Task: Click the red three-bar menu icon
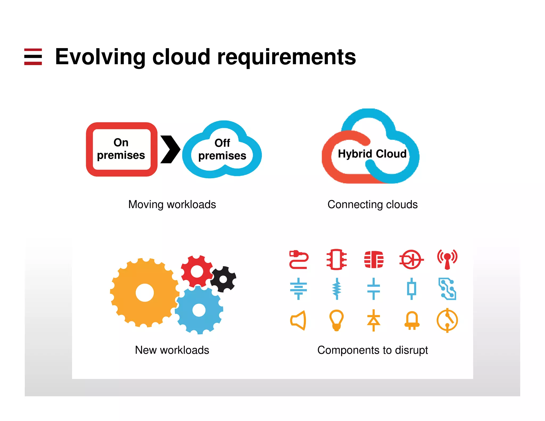[33, 57]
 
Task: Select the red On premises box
[121, 149]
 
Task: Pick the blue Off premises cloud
[222, 150]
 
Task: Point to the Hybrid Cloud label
[372, 154]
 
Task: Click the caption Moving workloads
[172, 204]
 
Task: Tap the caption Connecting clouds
[372, 204]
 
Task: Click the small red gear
[197, 271]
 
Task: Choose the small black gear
[223, 279]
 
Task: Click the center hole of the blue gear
[199, 310]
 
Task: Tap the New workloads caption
[172, 350]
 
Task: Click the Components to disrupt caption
[372, 350]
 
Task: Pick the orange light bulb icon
[336, 320]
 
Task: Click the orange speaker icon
[298, 320]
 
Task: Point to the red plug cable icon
[299, 259]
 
